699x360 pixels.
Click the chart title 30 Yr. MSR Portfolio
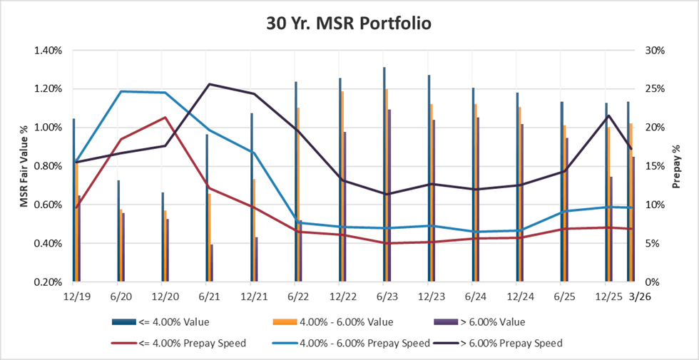349,23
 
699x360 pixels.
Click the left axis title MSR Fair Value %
24,165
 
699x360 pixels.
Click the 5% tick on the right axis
655,243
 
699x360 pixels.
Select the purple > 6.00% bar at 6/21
212,263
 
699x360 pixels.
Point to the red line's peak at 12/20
165,118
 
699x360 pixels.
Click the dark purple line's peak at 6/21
209,84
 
